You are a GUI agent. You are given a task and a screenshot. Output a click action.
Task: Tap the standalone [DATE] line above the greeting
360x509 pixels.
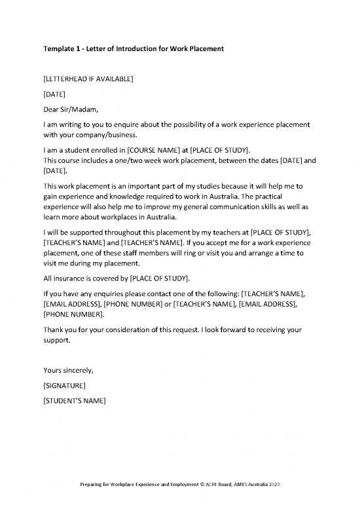point(54,94)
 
